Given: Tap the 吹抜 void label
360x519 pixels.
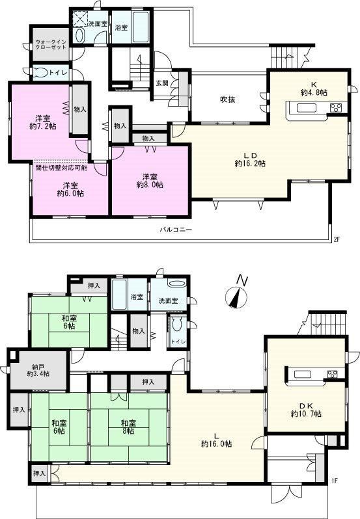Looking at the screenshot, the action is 228,99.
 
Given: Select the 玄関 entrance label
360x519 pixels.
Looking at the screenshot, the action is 161,83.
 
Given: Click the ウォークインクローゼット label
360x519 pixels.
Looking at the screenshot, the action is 51,45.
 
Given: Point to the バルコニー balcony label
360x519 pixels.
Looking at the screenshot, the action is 176,230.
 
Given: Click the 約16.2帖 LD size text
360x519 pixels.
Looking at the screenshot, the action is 250,163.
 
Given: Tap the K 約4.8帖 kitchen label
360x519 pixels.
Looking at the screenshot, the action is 314,88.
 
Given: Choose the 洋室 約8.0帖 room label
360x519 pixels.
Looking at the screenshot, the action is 150,181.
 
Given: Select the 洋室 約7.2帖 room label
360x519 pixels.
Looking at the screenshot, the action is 42,122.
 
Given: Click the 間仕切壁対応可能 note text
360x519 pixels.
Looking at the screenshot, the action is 62,168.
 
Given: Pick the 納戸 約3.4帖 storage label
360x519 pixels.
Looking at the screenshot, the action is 39,370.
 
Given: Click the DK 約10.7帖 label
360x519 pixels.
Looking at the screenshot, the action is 306,410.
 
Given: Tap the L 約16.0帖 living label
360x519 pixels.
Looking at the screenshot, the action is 216,439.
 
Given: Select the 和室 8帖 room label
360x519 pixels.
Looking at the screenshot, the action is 128,427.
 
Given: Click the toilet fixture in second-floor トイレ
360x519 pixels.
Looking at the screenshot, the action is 40,73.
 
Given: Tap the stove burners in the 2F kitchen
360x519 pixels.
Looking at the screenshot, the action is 337,107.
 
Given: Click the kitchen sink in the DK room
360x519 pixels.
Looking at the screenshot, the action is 302,374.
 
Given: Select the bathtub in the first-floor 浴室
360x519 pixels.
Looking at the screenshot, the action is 119,295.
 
